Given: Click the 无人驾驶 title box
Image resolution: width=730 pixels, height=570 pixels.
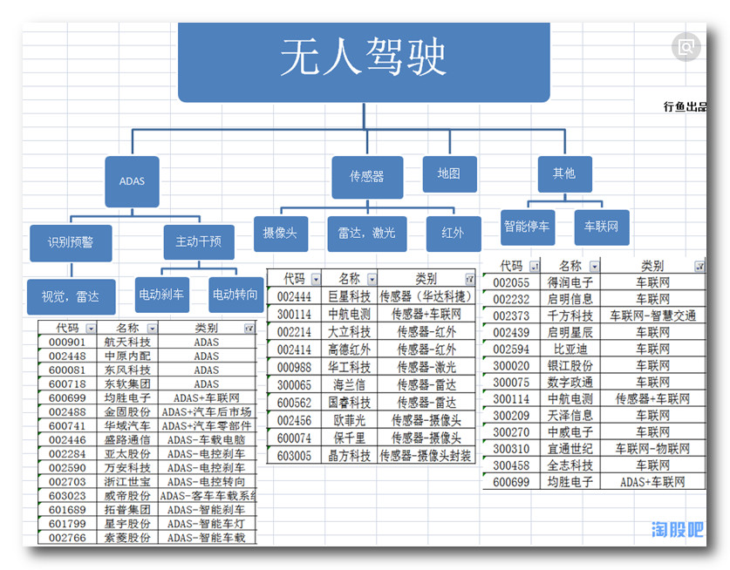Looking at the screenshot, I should coord(364,59).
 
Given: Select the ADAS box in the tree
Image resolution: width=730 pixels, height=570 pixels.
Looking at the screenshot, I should coord(132,181).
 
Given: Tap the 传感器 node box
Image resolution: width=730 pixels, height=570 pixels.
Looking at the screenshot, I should coord(366,176).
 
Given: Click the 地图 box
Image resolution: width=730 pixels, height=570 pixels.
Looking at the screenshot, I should coord(449,173).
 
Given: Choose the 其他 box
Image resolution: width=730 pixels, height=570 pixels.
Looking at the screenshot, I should coord(563,173).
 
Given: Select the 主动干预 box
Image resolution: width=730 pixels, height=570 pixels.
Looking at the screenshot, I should coord(199,241).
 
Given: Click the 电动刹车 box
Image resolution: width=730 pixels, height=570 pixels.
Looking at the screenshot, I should coord(161,295).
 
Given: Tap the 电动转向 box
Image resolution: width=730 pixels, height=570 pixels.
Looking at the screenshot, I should coord(235,295).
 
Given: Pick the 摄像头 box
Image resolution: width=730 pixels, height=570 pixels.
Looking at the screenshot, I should coord(280,233).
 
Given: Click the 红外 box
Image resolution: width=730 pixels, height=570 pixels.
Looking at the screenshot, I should coord(454,233).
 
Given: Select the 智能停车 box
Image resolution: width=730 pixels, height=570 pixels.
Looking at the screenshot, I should coord(527,227).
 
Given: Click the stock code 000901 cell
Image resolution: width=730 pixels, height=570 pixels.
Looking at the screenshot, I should coord(67,343).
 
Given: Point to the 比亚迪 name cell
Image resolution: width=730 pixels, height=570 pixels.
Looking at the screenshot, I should coord(570,349).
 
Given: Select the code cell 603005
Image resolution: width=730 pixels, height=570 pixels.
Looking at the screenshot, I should coord(295,455).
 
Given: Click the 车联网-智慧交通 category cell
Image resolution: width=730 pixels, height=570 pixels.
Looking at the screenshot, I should coord(652,316).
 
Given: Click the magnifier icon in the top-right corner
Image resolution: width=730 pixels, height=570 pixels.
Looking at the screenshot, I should coord(686,47).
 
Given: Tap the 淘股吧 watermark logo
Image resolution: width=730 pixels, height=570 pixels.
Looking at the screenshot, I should coord(677,529).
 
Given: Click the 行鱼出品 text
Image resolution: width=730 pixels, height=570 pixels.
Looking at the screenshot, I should coord(685,107).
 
